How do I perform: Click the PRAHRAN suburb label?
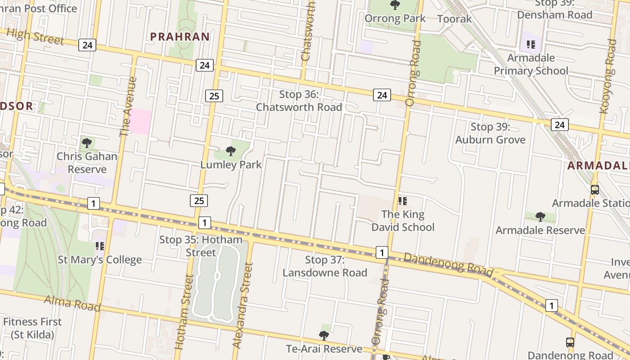tap(180, 37)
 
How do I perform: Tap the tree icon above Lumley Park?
tap(231, 151)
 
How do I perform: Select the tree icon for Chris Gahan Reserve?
tap(87, 143)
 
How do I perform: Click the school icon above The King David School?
tap(403, 201)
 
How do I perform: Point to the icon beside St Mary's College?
tap(100, 246)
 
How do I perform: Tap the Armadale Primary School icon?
tap(531, 45)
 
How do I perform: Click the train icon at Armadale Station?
tap(595, 189)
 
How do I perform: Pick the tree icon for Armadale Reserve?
tap(540, 217)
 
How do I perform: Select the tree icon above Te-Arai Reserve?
tap(324, 335)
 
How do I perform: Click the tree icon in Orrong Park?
tap(395, 5)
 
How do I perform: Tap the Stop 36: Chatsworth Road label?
tap(299, 101)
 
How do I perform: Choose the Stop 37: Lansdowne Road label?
tap(325, 266)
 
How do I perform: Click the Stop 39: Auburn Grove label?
tap(490, 133)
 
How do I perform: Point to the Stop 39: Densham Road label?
tap(554, 9)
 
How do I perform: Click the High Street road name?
tap(36, 36)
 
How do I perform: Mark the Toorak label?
tap(454, 19)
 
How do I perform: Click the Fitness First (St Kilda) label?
tap(32, 328)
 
